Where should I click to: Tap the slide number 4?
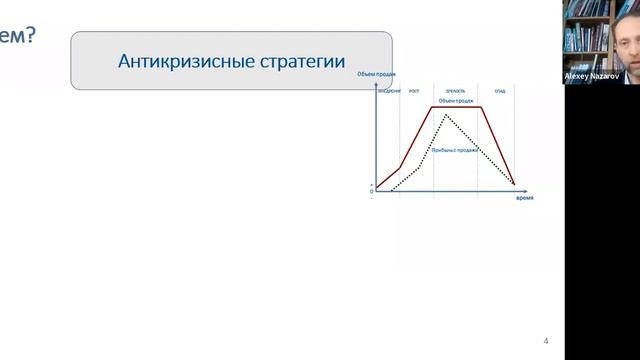coord(546,339)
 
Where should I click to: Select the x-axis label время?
coord(524,198)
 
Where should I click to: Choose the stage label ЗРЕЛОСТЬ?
coord(456,91)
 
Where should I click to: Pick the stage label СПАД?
coord(498,91)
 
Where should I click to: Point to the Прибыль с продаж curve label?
coord(465,150)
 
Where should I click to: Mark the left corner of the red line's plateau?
coord(433,107)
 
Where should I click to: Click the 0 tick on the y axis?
coord(372,190)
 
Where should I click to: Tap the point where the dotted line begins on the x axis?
coord(390,190)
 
